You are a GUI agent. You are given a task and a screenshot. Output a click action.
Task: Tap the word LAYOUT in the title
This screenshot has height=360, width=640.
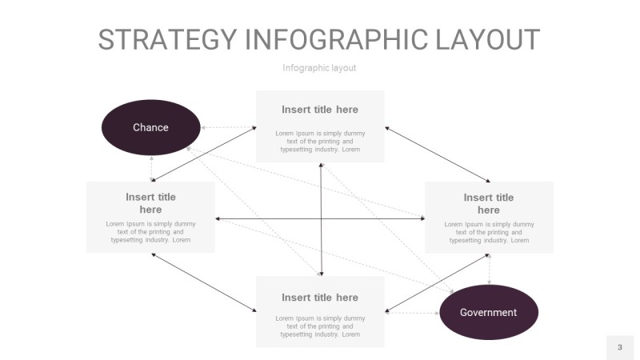488,40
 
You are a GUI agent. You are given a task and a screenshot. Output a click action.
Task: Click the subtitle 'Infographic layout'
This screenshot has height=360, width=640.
319,68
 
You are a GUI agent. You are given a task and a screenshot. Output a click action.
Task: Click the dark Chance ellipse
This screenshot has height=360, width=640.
150,127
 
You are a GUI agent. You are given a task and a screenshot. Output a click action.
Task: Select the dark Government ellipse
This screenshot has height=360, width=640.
489,312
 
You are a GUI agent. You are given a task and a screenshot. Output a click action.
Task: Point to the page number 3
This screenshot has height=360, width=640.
619,347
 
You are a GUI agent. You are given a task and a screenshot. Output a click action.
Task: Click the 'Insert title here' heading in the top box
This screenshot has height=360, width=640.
320,110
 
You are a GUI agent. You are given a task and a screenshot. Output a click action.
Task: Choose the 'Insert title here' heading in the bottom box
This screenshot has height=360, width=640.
320,298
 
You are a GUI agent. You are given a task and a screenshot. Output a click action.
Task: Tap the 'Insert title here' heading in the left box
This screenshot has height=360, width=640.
150,203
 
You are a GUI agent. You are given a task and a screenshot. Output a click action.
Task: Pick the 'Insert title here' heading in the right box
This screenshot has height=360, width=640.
489,204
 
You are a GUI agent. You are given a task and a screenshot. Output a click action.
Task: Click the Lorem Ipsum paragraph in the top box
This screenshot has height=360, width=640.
320,141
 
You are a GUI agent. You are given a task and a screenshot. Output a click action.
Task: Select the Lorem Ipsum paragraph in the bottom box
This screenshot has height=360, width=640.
320,326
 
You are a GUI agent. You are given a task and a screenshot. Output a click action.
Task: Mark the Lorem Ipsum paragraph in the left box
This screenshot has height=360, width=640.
150,232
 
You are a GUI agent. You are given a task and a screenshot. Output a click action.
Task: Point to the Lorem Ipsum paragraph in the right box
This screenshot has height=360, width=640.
489,232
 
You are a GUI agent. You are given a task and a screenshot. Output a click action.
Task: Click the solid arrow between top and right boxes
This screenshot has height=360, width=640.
438,154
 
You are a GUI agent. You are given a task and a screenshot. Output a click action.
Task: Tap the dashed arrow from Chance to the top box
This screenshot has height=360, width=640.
228,127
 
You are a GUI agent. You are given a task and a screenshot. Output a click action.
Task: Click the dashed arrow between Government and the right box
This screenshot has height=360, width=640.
489,270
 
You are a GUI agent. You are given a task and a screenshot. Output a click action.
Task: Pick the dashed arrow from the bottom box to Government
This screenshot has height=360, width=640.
412,313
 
